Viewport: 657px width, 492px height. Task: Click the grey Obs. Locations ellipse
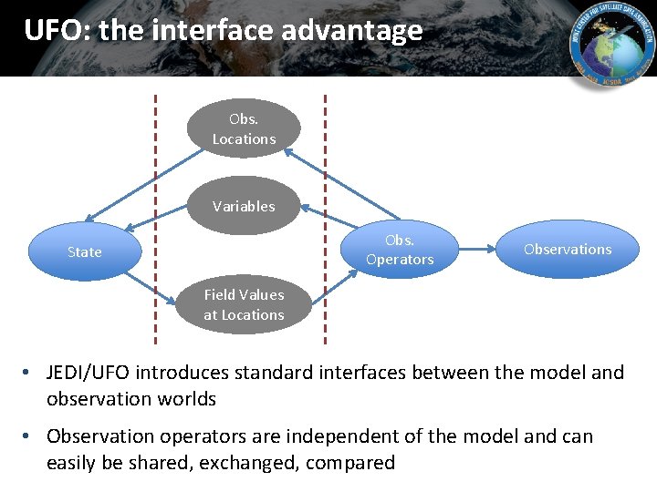244,128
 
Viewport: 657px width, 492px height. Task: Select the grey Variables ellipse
244,206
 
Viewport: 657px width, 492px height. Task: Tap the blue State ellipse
84,251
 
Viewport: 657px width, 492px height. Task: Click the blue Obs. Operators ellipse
399,250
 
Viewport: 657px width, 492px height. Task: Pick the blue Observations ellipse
568,249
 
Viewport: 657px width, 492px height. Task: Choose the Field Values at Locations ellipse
244,305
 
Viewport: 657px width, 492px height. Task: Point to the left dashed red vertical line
155,219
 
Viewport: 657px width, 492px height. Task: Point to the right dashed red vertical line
326,219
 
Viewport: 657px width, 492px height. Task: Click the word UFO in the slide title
53,31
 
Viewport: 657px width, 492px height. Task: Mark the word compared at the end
350,463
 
